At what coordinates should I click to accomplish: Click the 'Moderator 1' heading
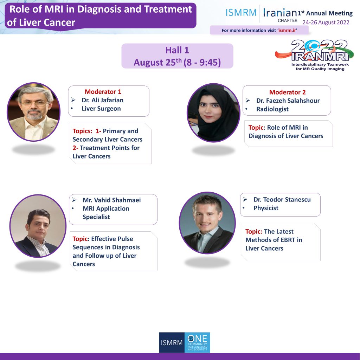point(103,92)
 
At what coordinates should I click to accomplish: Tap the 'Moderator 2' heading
point(288,92)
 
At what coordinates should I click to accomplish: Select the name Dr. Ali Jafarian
point(102,100)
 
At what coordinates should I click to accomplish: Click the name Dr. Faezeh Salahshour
point(288,101)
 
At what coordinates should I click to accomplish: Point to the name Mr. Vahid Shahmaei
point(111,200)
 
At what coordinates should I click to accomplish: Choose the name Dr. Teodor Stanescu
point(282,200)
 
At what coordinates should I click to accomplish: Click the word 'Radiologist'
point(272,109)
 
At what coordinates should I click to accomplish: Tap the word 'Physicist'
point(266,208)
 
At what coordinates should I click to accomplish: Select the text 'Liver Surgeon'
point(101,109)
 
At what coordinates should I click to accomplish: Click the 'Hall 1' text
point(177,50)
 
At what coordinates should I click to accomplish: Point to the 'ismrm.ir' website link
point(288,30)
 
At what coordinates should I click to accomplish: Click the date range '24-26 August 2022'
point(326,22)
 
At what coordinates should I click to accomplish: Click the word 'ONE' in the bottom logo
point(198,339)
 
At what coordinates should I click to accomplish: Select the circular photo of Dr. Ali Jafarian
point(33,112)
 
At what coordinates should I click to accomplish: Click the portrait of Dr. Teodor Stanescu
point(207,223)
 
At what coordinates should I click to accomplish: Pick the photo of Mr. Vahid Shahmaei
point(38,226)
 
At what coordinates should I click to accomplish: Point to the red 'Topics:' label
point(82,131)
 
